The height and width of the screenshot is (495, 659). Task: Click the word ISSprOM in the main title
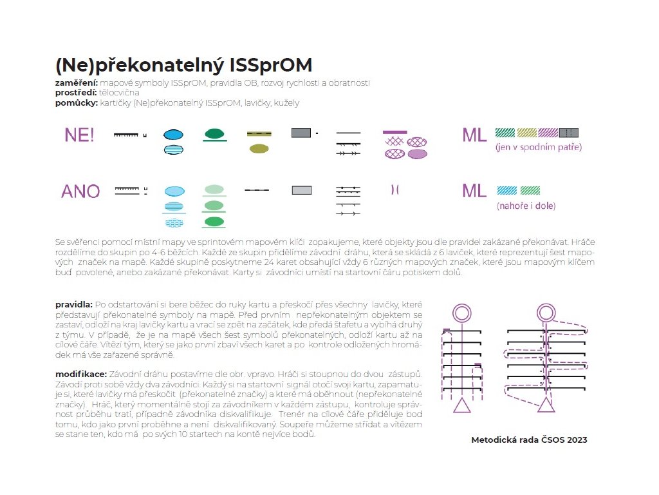270,66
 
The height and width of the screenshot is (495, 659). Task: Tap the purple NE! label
80,135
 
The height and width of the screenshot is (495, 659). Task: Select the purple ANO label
80,191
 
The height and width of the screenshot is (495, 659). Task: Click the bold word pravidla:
74,303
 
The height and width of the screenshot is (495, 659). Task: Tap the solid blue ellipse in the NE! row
172,134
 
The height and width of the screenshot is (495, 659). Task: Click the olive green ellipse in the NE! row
259,149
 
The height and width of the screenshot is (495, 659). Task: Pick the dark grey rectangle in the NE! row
301,133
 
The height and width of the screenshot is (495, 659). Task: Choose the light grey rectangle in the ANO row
302,190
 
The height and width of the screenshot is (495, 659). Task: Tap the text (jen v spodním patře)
538,148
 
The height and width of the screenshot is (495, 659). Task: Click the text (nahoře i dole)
526,206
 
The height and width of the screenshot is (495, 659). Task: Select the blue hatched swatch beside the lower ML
506,190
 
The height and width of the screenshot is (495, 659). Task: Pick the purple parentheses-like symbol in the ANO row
394,189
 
